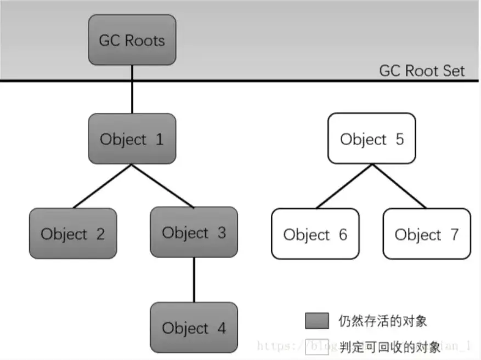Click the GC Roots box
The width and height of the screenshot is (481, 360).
pyautogui.click(x=132, y=40)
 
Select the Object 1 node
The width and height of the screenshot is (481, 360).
pyautogui.click(x=132, y=139)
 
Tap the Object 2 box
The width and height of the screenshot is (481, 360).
pyautogui.click(x=72, y=233)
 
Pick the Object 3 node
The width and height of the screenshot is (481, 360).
pyautogui.click(x=194, y=232)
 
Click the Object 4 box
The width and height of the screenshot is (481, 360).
pyautogui.click(x=194, y=328)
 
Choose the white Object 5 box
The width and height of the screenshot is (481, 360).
pyautogui.click(x=372, y=139)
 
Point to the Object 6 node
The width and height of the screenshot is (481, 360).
pyautogui.click(x=315, y=234)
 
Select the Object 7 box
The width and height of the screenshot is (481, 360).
pyautogui.click(x=427, y=234)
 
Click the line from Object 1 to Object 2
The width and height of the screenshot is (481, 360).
pyautogui.click(x=103, y=186)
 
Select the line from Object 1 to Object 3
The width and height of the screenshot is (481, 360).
pyautogui.click(x=162, y=186)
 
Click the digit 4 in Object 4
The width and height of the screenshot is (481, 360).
pyautogui.click(x=221, y=328)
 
